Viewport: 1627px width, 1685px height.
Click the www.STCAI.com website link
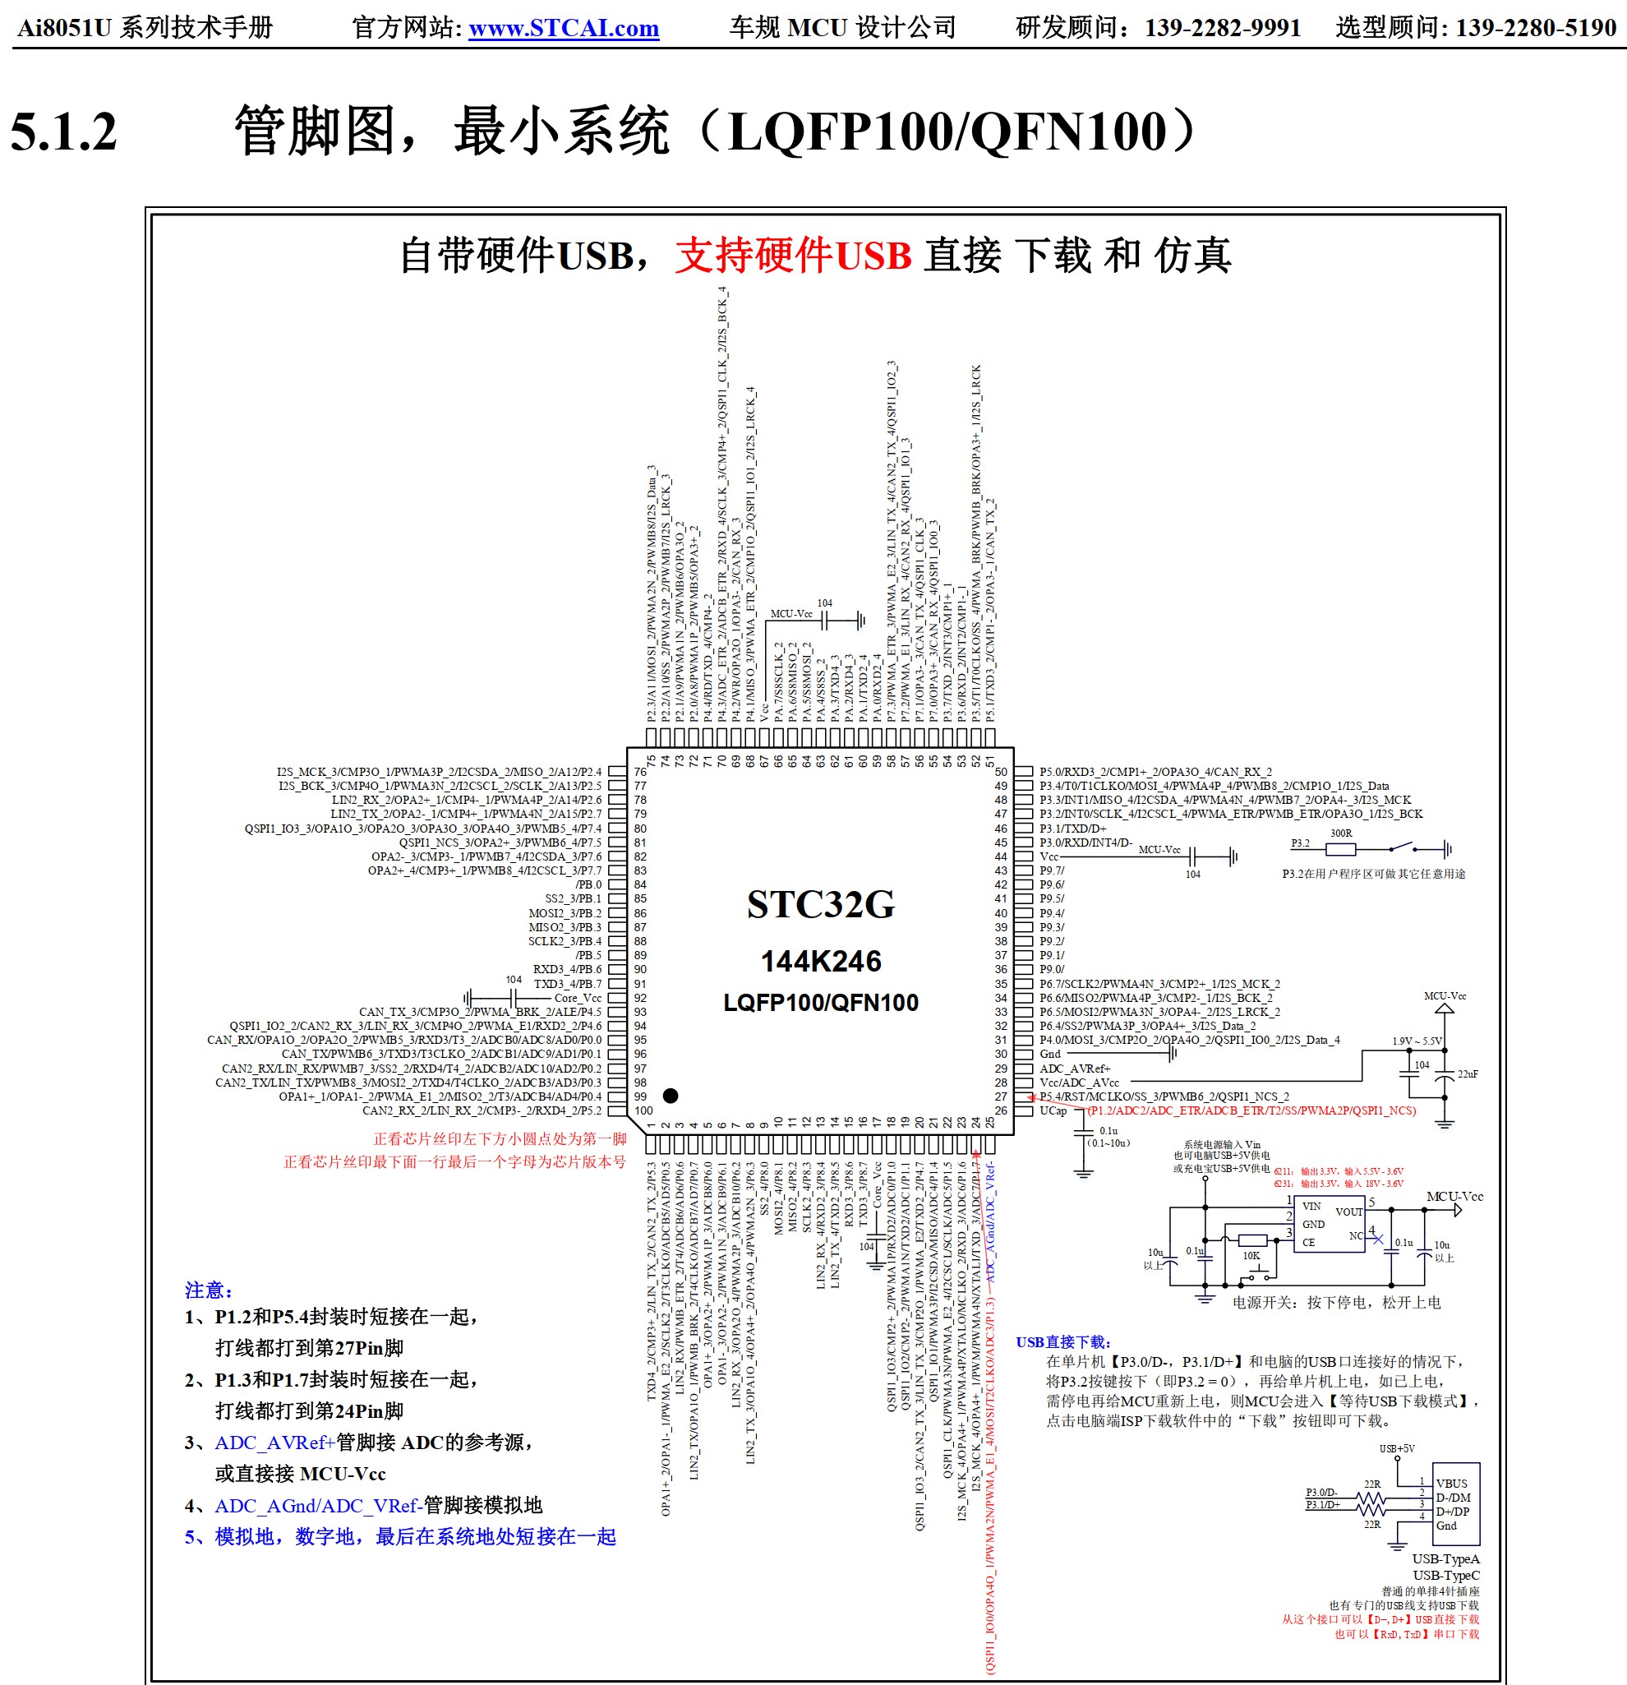tap(563, 29)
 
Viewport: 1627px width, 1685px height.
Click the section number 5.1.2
tap(63, 132)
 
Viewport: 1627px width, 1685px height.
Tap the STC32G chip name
tap(820, 904)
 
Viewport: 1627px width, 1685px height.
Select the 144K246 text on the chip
tap(821, 961)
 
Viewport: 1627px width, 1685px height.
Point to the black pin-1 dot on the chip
tap(671, 1095)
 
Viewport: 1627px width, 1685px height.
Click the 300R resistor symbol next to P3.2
tap(1340, 849)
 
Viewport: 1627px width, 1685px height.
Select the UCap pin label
tap(1053, 1110)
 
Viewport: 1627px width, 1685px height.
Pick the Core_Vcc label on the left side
tap(578, 998)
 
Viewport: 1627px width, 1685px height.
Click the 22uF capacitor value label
tap(1467, 1073)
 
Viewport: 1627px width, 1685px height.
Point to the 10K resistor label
tap(1251, 1256)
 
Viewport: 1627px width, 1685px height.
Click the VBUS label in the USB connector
tap(1452, 1484)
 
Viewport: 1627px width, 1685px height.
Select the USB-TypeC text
tap(1445, 1576)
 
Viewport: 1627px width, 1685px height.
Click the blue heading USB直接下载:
tap(1063, 1342)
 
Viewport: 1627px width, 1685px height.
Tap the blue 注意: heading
tap(209, 1290)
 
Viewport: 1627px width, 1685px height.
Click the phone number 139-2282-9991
tap(1222, 29)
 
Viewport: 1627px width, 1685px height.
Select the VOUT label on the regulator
tap(1348, 1212)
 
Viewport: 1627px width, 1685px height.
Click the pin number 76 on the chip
tap(640, 772)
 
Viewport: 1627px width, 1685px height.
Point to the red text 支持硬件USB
tap(792, 256)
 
